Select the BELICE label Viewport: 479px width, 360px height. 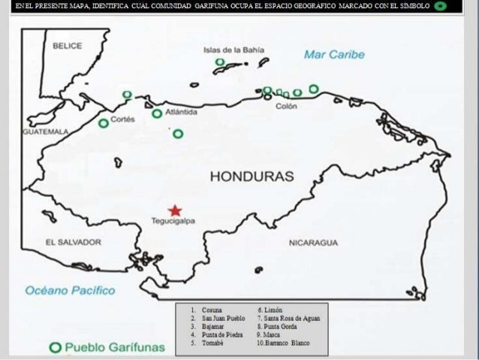[67, 46]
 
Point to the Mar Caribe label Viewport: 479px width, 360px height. [334, 55]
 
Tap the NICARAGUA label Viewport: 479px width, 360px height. [313, 243]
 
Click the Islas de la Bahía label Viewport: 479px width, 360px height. [234, 50]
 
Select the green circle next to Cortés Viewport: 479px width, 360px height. [104, 123]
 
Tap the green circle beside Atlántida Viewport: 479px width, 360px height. [157, 114]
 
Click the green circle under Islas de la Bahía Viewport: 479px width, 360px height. [220, 62]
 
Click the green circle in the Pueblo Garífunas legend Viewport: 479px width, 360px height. [55, 347]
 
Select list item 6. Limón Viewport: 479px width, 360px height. [270, 310]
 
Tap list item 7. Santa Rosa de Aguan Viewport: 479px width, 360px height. [288, 318]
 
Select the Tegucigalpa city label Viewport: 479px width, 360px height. [174, 222]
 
